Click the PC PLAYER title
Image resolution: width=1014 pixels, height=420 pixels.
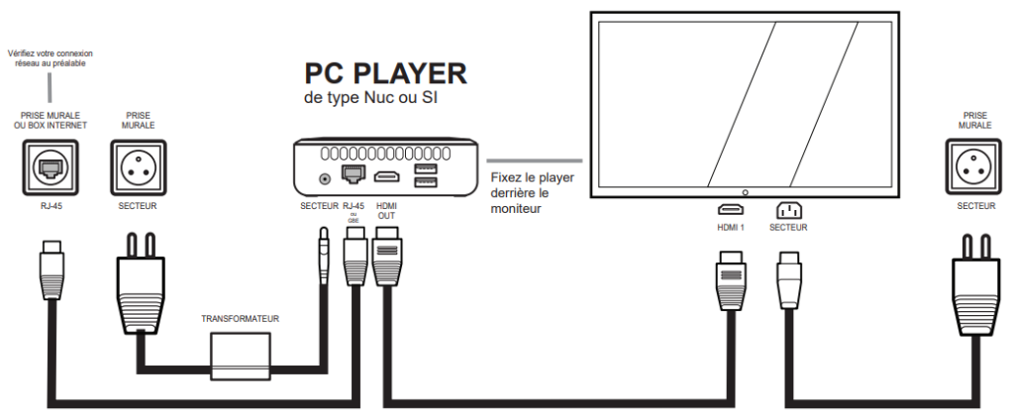tap(385, 74)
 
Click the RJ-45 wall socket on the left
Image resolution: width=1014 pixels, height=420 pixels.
tap(50, 168)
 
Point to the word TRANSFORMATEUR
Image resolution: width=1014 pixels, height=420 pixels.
tap(240, 319)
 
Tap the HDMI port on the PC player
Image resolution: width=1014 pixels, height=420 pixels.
tap(386, 177)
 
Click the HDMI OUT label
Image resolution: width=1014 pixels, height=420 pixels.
tap(387, 212)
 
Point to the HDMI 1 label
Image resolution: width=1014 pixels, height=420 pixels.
tap(731, 227)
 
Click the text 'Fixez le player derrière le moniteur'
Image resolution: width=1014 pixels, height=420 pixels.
tap(532, 193)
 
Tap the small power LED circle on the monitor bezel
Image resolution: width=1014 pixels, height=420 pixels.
tap(744, 190)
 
